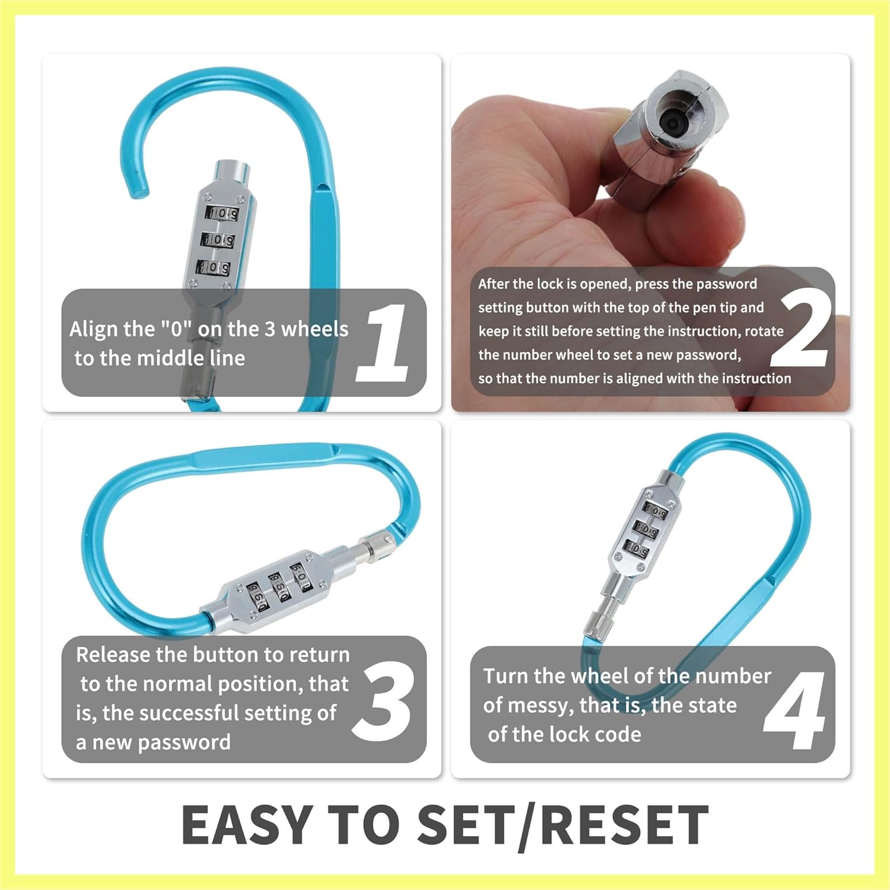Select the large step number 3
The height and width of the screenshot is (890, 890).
coord(383,701)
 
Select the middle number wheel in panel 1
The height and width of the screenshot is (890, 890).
coord(218,240)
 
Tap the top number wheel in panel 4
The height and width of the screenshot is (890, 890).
coord(656,510)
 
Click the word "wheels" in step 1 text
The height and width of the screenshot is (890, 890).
coord(314,329)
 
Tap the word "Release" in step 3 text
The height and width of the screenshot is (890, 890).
coord(113,654)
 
